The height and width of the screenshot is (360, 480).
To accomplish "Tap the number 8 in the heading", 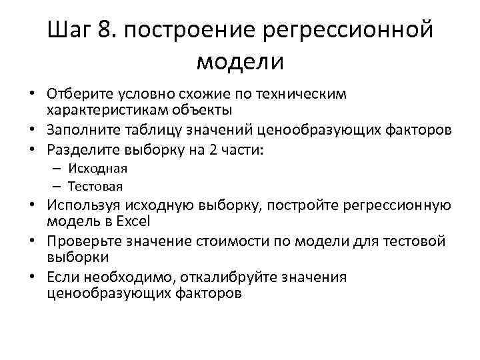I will (108, 30).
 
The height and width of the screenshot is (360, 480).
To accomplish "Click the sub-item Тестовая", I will (98, 186).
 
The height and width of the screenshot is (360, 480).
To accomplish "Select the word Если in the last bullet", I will (62, 277).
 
